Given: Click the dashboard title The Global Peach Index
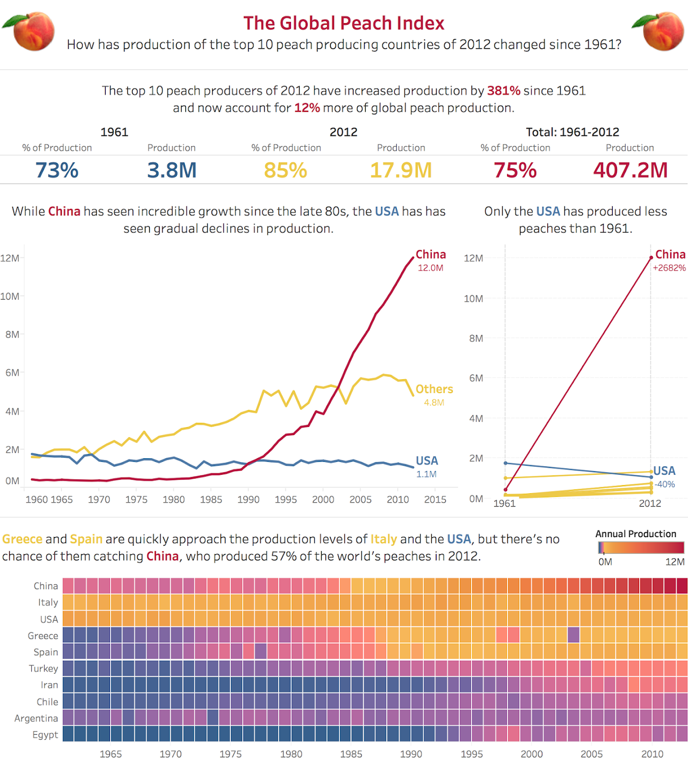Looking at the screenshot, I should pyautogui.click(x=344, y=23).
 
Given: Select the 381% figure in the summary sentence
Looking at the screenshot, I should pyautogui.click(x=503, y=91).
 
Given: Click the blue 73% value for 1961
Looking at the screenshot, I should pyautogui.click(x=57, y=170).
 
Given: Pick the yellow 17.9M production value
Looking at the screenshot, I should pyautogui.click(x=401, y=170).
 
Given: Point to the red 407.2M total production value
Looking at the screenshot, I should pyautogui.click(x=630, y=170).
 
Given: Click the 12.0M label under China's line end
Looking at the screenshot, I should pyautogui.click(x=430, y=268).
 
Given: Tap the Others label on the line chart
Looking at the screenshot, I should pyautogui.click(x=434, y=389).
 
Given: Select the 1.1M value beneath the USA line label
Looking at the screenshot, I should pyautogui.click(x=426, y=474).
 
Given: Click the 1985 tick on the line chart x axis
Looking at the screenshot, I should pyautogui.click(x=211, y=500).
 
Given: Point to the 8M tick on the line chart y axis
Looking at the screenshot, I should pyautogui.click(x=12, y=335).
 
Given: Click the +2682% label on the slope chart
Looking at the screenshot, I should pyautogui.click(x=669, y=268).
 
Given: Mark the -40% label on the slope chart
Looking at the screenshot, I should pyautogui.click(x=665, y=485).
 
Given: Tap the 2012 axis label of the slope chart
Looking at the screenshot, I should pyautogui.click(x=650, y=503).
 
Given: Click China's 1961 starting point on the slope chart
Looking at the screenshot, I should pyautogui.click(x=505, y=489).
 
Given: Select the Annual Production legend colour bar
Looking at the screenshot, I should pyautogui.click(x=641, y=547).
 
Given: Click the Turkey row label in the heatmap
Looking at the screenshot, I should pyautogui.click(x=44, y=669).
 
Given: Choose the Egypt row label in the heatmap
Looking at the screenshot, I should pyautogui.click(x=45, y=735).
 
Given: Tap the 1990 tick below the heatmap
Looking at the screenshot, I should pyautogui.click(x=411, y=754).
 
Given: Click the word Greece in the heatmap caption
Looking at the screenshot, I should pyautogui.click(x=22, y=539).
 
